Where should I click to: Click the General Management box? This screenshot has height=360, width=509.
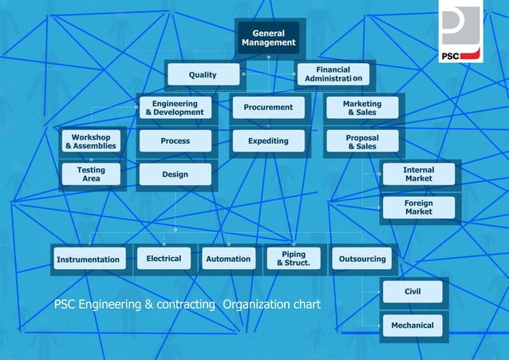(268, 38)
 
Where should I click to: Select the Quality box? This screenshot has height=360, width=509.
(203, 75)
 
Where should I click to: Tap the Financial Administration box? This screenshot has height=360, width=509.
(333, 75)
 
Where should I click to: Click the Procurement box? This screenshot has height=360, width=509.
(268, 107)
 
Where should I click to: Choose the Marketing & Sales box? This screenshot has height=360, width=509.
(362, 109)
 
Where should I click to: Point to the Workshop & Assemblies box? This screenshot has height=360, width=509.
(90, 141)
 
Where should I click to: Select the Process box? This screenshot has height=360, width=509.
(174, 141)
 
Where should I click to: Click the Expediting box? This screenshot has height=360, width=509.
(268, 141)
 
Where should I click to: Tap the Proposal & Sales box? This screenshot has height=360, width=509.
(362, 142)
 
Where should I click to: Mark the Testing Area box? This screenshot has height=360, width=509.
(90, 175)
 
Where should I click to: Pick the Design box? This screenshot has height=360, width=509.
(174, 175)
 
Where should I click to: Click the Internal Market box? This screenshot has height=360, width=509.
(418, 175)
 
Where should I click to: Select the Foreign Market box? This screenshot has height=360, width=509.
(418, 208)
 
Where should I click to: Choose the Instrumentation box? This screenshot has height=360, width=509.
(89, 259)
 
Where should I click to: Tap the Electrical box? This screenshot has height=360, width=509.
(164, 259)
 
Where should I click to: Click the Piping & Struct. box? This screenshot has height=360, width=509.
(293, 259)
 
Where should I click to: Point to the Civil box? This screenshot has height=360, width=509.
(412, 291)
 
